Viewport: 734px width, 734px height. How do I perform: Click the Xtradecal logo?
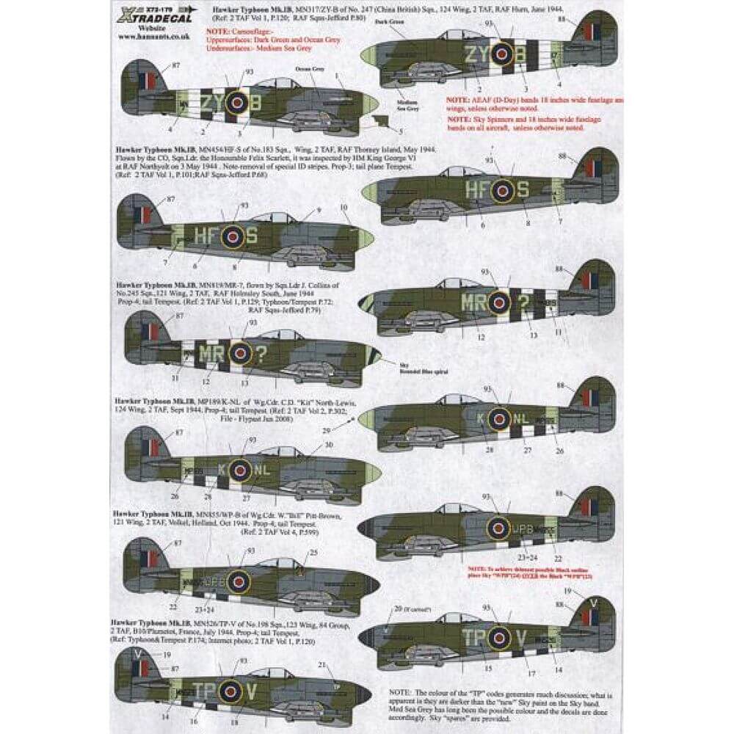coord(150,15)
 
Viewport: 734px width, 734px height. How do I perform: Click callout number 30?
coord(330,444)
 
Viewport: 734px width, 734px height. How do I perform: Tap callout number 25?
coord(314,552)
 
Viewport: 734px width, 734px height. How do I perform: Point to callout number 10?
coord(344,208)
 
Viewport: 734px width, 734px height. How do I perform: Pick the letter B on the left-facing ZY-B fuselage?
coord(255,103)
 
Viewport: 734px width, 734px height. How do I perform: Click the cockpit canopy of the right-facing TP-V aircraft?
coord(457,618)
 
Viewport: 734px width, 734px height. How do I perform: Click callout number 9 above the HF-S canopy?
coord(319,211)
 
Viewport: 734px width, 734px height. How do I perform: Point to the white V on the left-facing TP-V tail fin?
coord(137,652)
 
